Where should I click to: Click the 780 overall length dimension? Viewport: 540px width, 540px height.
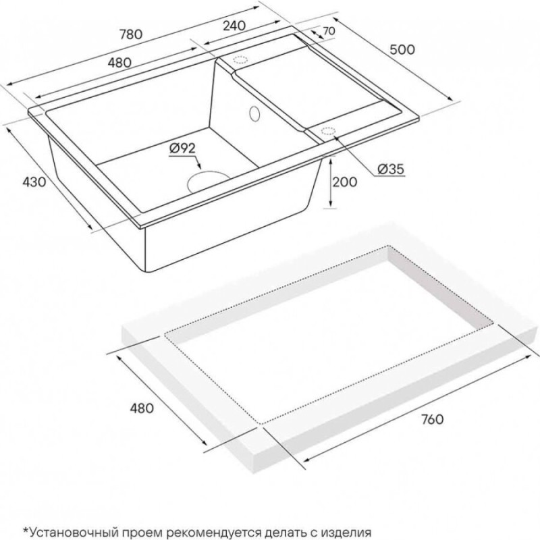131,34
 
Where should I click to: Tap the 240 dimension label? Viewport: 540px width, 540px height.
234,26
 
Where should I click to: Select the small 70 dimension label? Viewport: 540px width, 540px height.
329,31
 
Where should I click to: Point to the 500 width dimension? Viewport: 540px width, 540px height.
402,49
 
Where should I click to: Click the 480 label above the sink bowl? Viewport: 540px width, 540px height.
119,62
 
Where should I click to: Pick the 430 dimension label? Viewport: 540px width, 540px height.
34,182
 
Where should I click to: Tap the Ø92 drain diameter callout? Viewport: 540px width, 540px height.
182,148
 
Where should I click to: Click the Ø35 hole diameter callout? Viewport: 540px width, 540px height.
391,169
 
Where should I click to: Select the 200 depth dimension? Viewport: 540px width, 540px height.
345,182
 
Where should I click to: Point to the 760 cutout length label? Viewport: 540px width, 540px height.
432,419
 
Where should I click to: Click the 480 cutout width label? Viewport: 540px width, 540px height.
142,408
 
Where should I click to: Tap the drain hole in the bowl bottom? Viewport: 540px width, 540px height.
208,180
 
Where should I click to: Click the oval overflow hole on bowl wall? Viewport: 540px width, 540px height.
254,113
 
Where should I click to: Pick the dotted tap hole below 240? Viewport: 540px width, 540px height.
240,59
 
